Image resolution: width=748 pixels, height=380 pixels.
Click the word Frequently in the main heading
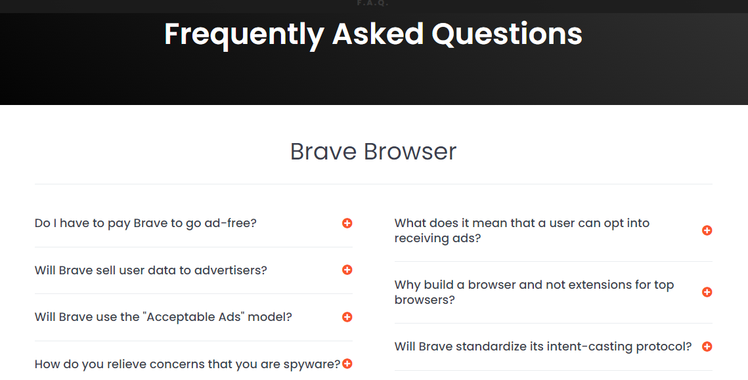[x=244, y=34]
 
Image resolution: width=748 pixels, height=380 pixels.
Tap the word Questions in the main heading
[x=506, y=33]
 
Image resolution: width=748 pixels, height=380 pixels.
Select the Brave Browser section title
[x=373, y=151]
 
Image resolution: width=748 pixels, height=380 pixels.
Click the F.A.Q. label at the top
[x=373, y=3]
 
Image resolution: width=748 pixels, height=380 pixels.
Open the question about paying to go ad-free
[x=146, y=223]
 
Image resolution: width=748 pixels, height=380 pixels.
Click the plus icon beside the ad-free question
[x=347, y=223]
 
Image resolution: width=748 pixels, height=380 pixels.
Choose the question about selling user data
[x=151, y=270]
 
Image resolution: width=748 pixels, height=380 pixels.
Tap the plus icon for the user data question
[x=347, y=270]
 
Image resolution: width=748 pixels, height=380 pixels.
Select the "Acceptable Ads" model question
[x=163, y=317]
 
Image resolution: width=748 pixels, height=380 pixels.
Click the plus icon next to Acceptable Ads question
[x=347, y=317]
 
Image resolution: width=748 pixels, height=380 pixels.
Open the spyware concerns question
[x=187, y=364]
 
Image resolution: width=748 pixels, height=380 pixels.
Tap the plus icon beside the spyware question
[x=347, y=364]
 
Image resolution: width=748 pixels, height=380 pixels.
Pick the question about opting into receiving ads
[x=522, y=230]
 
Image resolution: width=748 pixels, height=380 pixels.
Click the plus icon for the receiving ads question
[x=707, y=230]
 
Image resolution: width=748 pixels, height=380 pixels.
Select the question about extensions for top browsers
[x=535, y=292]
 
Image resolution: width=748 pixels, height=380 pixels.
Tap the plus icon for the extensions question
[x=707, y=292]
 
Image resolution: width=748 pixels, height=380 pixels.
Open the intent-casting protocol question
[x=543, y=347]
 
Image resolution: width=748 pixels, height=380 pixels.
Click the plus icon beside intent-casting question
[x=707, y=347]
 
